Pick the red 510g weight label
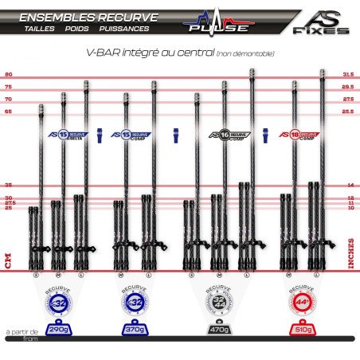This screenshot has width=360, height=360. [300, 328]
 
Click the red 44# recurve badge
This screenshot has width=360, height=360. [300, 302]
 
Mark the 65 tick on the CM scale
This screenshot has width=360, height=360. [7, 112]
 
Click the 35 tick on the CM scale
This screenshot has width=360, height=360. [7, 185]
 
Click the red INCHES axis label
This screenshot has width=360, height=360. [351, 254]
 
